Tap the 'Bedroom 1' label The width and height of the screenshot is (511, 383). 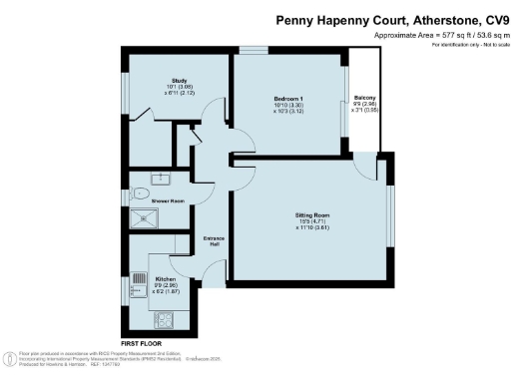288,98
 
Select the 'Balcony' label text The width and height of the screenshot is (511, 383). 363,98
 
